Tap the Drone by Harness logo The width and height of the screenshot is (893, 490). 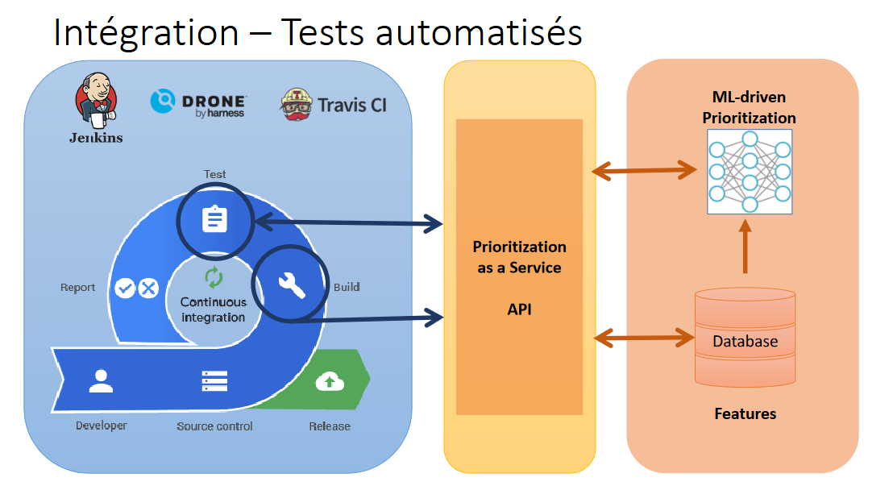tap(198, 103)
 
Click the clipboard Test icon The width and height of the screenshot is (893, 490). tap(215, 219)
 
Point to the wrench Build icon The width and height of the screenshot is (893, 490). tap(291, 284)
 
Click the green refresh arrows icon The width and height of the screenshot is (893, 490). tap(213, 278)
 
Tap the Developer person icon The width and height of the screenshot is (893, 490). tap(101, 380)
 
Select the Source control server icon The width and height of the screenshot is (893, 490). tap(214, 380)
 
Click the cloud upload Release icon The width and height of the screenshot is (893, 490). tap(328, 381)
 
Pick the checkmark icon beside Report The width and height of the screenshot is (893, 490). tap(125, 288)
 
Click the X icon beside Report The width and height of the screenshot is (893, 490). tap(148, 288)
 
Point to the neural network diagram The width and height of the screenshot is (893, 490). tap(749, 171)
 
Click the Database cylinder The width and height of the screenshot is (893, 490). tap(745, 336)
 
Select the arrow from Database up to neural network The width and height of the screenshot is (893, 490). tap(746, 250)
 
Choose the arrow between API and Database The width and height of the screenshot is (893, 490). tap(644, 338)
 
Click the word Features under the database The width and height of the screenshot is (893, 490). tap(746, 413)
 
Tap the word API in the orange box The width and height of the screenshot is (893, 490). tap(519, 309)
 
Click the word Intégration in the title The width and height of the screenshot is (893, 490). tap(146, 32)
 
